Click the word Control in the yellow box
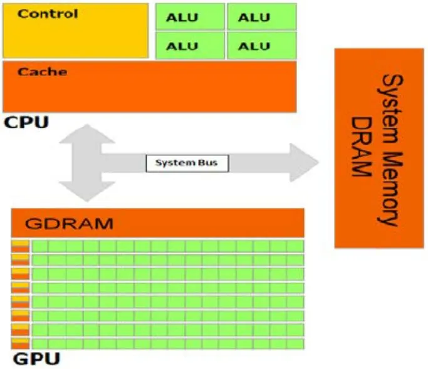pos(48,14)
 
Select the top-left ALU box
pos(190,17)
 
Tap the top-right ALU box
pos(260,17)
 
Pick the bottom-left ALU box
pos(190,46)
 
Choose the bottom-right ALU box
pos(260,46)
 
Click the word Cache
pos(42,72)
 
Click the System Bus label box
pos(187,163)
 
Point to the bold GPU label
pos(36,359)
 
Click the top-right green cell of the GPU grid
pos(295,246)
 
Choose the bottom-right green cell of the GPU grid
pos(295,343)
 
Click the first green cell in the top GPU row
pos(40,246)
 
